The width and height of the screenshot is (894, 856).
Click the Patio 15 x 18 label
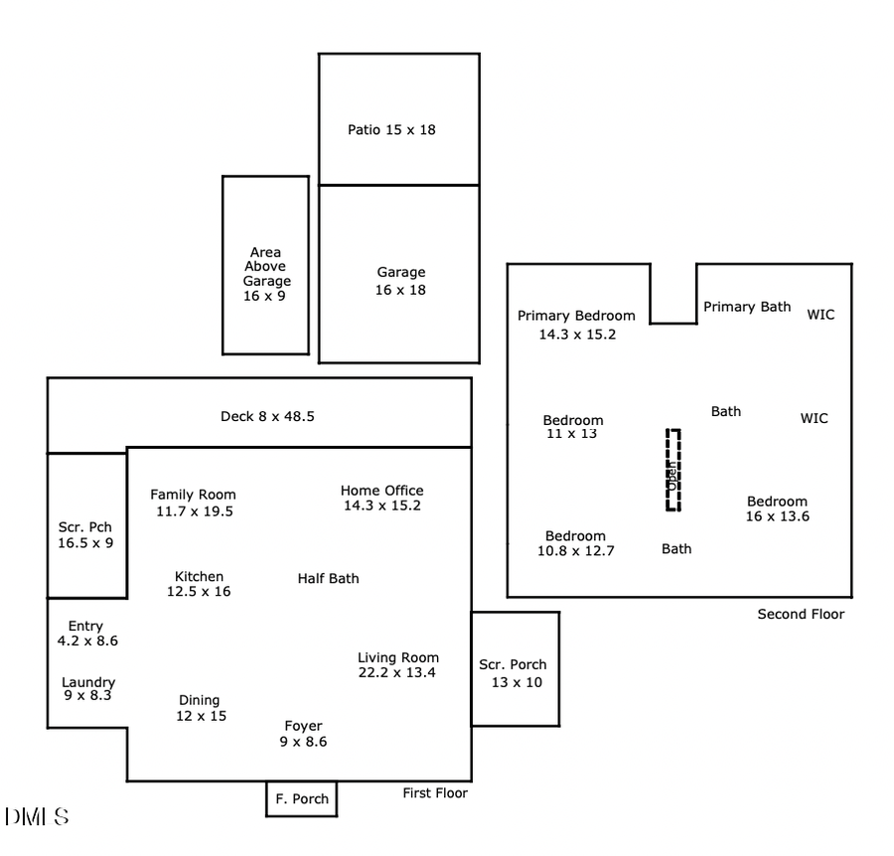pos(391,129)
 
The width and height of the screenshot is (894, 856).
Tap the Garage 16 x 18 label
pos(400,281)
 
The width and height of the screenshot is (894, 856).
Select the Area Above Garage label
pos(265,274)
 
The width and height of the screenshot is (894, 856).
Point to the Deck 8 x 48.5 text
pos(267,417)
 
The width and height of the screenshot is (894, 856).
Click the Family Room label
pos(193,502)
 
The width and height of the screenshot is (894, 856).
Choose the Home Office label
pos(381,498)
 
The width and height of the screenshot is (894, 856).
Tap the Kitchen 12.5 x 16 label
pos(199,584)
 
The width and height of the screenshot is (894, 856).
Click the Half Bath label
pos(329,578)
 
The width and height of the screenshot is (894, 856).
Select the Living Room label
pos(397,664)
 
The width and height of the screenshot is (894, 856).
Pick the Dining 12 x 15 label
pos(200,708)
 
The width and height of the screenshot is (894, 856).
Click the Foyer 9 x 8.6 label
pos(303,733)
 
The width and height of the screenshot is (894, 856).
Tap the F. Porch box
pos(302,798)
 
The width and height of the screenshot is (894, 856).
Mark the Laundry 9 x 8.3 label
pos(88,689)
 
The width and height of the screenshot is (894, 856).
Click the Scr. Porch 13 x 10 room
pos(515,669)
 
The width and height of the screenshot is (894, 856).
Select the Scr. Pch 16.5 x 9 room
pos(86,526)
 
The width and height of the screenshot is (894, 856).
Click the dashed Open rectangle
pos(672,471)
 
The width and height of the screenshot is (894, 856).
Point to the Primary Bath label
pos(747,307)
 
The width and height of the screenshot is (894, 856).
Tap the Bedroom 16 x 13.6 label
pos(777,508)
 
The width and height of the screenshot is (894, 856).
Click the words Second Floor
pos(801,614)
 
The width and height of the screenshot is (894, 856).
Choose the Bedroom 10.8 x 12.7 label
pos(575,543)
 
